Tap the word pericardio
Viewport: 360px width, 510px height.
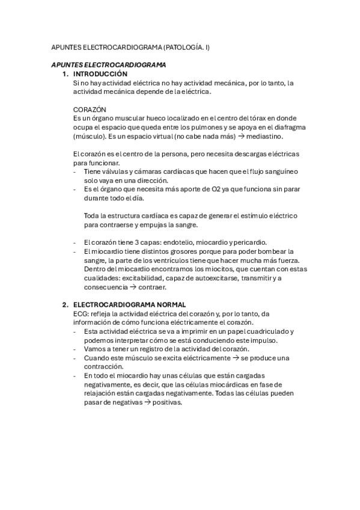point(248,242)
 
